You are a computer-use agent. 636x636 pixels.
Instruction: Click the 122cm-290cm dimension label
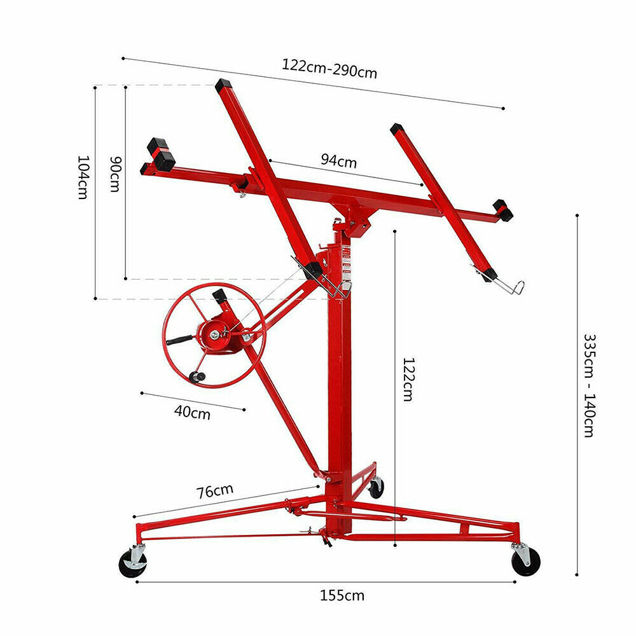click(329, 68)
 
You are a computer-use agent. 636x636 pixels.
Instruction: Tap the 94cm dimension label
click(338, 160)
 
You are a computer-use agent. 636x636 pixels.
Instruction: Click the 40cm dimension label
click(191, 413)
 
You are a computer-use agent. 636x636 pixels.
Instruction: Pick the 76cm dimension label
click(214, 492)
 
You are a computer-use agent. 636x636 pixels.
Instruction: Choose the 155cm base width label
click(342, 595)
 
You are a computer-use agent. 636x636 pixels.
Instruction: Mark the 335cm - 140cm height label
click(588, 385)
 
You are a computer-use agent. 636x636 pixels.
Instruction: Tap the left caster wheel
click(133, 563)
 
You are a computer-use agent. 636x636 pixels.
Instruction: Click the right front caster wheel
click(526, 562)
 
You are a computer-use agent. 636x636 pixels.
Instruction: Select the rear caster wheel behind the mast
click(377, 488)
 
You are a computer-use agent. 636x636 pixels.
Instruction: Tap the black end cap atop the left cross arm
click(223, 86)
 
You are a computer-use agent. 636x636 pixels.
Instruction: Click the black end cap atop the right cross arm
click(397, 128)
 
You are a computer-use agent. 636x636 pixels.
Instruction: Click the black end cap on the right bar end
click(503, 210)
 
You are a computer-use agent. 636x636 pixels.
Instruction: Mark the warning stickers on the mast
click(347, 261)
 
